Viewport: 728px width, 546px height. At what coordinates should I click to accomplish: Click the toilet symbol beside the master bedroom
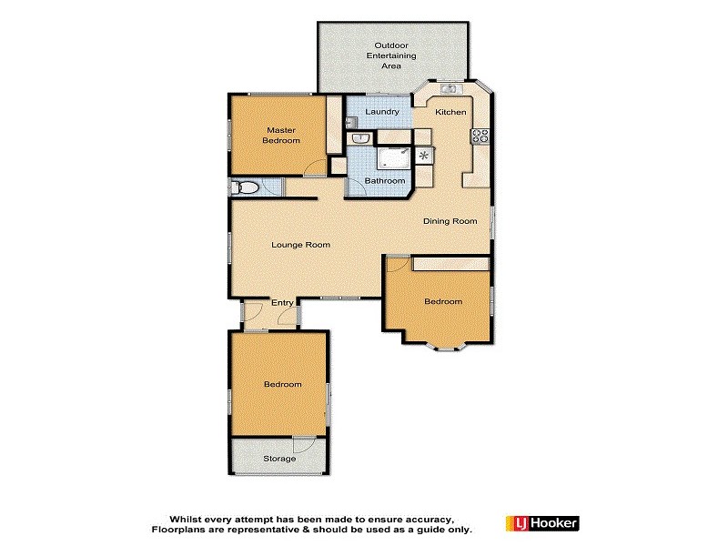pos(242,187)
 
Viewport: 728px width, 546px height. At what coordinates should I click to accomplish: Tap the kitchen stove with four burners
pos(480,136)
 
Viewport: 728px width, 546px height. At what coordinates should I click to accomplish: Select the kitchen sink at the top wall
pos(449,89)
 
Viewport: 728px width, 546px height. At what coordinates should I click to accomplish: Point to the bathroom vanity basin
pos(360,139)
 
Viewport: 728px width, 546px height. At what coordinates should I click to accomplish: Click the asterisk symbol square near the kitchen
pos(424,156)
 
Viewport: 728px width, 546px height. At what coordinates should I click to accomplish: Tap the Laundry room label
pos(382,112)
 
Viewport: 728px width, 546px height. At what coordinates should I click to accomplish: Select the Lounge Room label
pos(300,245)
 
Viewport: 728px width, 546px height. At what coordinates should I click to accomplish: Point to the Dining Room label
pos(450,221)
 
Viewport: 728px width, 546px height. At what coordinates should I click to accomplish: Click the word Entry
pos(282,304)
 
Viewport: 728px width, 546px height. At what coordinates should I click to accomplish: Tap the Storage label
pos(279,459)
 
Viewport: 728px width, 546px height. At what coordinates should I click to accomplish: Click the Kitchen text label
pos(450,112)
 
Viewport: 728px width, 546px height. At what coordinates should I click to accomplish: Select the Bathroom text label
pos(384,181)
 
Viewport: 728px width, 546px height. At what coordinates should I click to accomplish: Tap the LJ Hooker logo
pos(542,523)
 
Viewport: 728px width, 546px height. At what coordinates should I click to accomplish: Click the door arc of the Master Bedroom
pos(314,168)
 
